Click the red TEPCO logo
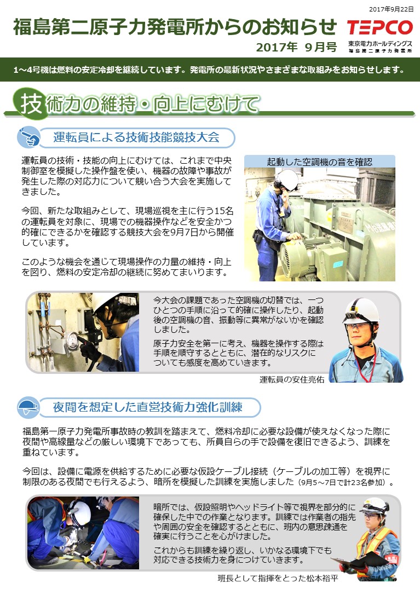coord(380,27)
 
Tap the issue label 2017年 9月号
coord(296,47)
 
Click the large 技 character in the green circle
coord(31,103)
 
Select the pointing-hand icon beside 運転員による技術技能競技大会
coord(28,137)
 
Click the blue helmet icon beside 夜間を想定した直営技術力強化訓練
coord(28,407)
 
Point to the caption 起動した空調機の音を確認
coord(320,162)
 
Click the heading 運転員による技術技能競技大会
coord(136,137)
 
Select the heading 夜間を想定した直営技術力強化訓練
coord(148,407)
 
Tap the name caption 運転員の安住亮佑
coord(292,379)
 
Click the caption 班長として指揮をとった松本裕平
coord(278,578)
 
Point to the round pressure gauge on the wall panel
coord(72,339)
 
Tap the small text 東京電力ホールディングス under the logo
coord(380,44)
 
